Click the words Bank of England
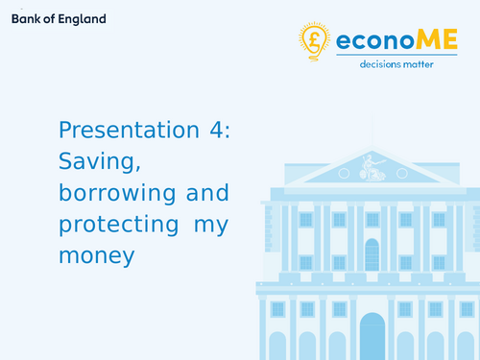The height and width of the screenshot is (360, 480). tap(59, 19)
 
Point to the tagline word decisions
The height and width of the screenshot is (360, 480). tap(381, 64)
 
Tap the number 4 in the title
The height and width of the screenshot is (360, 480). tap(216, 131)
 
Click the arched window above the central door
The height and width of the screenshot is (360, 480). tap(372, 253)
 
